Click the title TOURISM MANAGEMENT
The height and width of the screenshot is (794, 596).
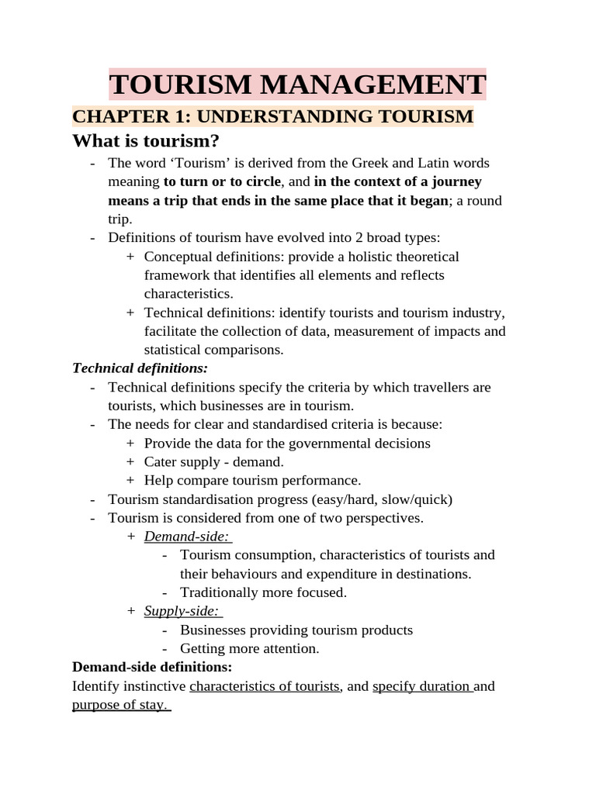point(298,84)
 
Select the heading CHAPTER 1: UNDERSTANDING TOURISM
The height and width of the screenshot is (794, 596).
point(272,116)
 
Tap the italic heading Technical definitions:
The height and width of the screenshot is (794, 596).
point(140,368)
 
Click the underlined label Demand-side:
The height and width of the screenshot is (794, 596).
point(187,537)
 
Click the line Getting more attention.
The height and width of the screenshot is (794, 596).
point(249,648)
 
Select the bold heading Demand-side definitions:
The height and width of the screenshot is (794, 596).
point(151,667)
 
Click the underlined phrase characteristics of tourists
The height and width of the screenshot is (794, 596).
point(265,686)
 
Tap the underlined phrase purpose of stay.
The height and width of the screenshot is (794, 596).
point(120,705)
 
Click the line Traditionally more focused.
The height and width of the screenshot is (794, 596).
point(263,592)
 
